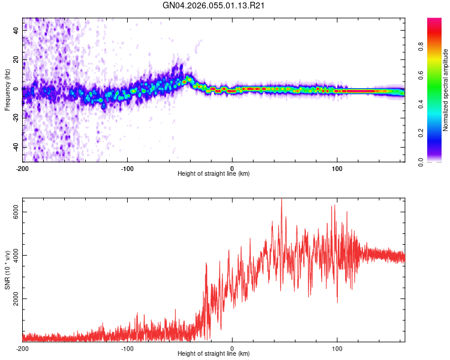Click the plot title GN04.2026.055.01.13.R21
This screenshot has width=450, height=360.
tap(214, 6)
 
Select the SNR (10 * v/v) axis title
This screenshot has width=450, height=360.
tap(7, 269)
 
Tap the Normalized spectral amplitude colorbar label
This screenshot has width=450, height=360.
tap(446, 90)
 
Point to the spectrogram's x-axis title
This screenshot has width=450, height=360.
tap(214, 174)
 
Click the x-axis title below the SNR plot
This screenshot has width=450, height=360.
tap(214, 354)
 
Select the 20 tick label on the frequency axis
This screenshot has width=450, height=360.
tap(16, 59)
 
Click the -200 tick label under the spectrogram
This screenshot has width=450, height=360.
tap(23, 168)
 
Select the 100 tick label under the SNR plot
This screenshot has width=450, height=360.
tap(337, 348)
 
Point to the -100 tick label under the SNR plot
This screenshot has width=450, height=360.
tap(127, 348)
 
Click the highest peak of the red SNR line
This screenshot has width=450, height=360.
tap(282, 200)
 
